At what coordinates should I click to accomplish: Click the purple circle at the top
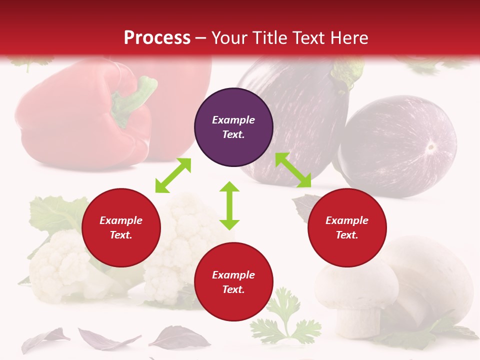click(233, 127)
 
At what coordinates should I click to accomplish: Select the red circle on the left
click(121, 228)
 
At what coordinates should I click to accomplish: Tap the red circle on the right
click(347, 228)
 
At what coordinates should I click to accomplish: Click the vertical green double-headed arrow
click(229, 205)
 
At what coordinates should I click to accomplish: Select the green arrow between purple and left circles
click(173, 175)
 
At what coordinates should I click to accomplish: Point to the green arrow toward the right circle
click(293, 170)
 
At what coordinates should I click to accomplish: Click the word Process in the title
click(157, 37)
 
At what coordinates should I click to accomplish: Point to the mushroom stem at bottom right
click(357, 320)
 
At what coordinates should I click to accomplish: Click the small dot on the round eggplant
click(430, 147)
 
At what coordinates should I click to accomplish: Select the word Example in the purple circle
click(233, 120)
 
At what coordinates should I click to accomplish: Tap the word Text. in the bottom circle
click(233, 289)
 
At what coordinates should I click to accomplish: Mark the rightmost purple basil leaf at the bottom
click(180, 338)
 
